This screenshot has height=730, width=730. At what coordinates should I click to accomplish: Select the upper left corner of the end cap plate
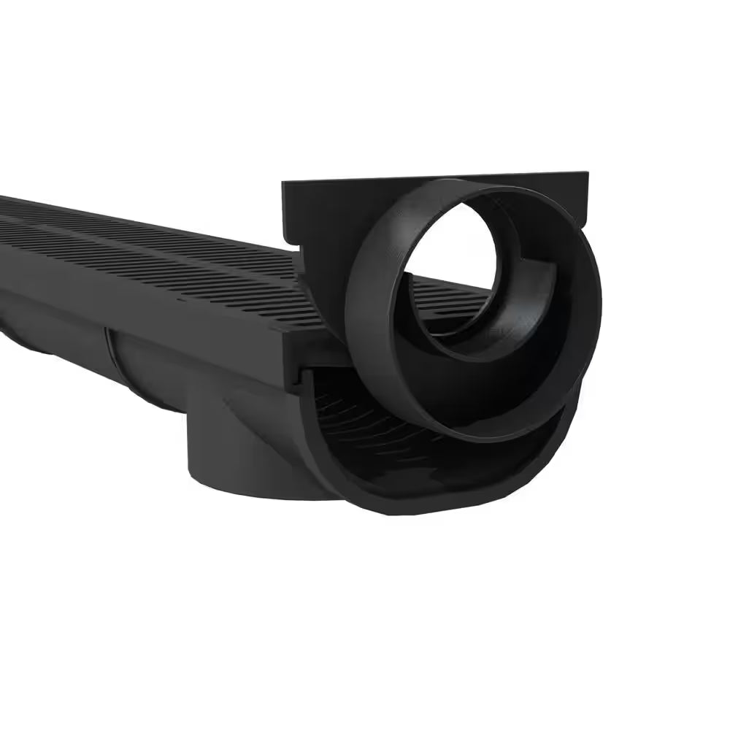285,185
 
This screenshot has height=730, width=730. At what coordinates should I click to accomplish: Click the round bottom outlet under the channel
241,467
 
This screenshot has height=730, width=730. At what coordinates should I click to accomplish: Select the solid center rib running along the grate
146,241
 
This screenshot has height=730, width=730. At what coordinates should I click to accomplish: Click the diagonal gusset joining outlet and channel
248,416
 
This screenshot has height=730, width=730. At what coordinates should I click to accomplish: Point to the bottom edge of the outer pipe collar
474,438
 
